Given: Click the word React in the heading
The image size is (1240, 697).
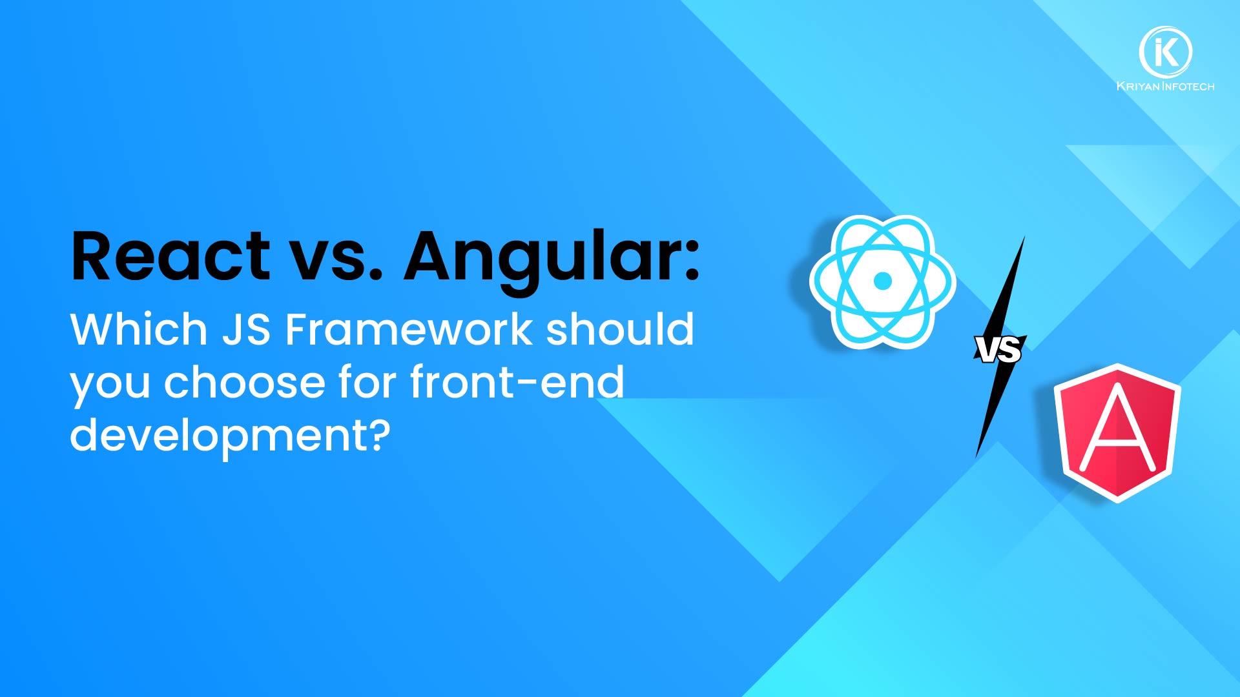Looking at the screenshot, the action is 170,256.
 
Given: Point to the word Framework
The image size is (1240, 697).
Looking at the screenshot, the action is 409,330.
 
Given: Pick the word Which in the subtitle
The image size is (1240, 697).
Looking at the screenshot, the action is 138,329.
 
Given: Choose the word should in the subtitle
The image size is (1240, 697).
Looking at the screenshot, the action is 620,329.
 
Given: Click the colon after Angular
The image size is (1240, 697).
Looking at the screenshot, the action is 692,263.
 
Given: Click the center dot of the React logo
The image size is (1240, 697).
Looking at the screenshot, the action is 882,281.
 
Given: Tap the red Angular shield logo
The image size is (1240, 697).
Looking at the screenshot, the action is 1117,432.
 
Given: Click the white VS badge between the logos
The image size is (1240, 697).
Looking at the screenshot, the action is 998,349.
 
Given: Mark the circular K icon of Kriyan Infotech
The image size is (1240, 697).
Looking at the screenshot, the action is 1165,52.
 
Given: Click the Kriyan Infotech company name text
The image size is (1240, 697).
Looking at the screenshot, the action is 1165,86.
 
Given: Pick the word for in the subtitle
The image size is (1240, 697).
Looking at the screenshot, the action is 367,381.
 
